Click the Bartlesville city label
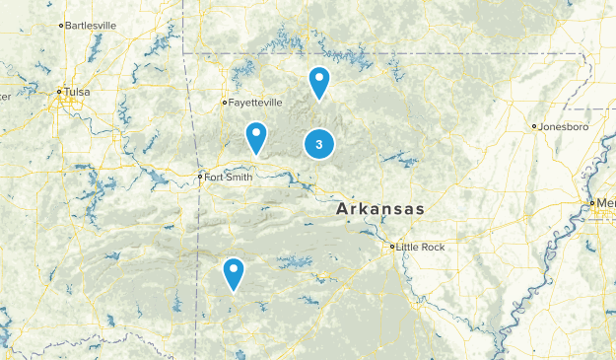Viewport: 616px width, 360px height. [x=90, y=25]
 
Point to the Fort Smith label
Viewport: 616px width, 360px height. [x=230, y=178]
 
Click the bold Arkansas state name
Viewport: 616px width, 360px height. [x=379, y=209]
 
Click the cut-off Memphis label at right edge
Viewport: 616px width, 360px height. [x=605, y=202]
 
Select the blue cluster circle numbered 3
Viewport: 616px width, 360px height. [x=318, y=144]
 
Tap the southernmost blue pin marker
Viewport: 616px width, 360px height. [x=234, y=272]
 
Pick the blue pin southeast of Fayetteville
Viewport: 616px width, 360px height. [x=256, y=137]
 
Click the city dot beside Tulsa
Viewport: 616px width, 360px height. [x=60, y=92]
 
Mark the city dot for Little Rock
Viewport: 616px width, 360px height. [x=391, y=247]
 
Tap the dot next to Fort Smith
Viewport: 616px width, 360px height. [x=200, y=178]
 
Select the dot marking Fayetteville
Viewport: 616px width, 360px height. [x=225, y=102]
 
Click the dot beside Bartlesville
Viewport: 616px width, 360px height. [x=61, y=25]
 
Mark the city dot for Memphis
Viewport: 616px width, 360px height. [x=591, y=202]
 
